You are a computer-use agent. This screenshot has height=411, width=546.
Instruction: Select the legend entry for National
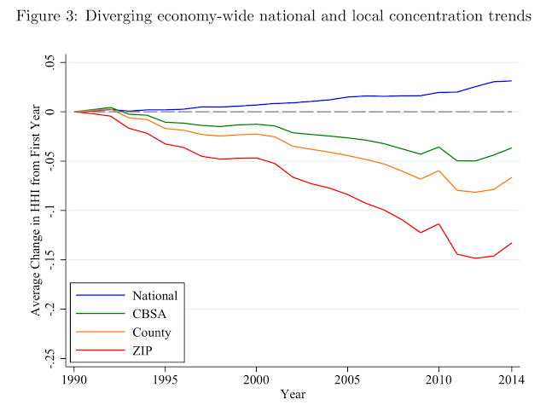coord(154,296)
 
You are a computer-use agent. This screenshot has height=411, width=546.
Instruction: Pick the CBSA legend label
coord(149,315)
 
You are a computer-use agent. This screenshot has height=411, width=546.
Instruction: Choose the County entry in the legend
coord(152,333)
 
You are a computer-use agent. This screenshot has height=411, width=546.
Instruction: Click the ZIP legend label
coord(143,350)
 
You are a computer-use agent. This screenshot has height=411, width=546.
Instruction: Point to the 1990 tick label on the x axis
coord(75,379)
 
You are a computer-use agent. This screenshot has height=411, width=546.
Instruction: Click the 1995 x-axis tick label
coord(166,379)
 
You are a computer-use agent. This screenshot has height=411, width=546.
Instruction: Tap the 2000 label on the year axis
coord(257,379)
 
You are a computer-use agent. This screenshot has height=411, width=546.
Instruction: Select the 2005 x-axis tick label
coord(347,379)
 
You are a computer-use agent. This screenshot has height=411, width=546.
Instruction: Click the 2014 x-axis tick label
coord(510,379)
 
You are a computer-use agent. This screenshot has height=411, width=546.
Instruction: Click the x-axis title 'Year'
coord(293,395)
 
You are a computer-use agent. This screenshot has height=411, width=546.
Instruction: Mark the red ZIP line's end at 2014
coord(511,243)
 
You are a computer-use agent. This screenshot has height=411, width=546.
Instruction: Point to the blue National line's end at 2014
coord(511,81)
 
